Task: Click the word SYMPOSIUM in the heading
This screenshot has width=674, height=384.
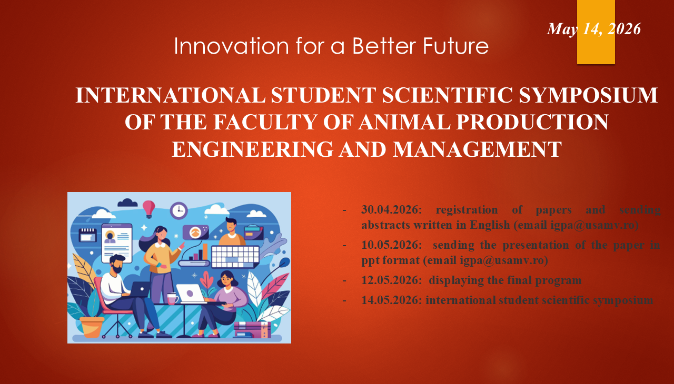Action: [x=588, y=95]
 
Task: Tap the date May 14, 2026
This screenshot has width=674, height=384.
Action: [x=594, y=29]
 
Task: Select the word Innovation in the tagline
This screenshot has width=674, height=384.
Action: [x=232, y=46]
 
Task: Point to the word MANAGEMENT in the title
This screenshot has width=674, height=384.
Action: [x=477, y=149]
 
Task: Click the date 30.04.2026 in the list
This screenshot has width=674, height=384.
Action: [x=392, y=210]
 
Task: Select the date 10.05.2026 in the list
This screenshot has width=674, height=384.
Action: [x=392, y=245]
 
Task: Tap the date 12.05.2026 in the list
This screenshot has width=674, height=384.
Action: [x=392, y=280]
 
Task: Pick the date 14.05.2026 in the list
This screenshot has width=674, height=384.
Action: [x=392, y=300]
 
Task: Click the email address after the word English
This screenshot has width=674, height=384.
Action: [x=592, y=225]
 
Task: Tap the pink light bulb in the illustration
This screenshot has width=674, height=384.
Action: [x=148, y=209]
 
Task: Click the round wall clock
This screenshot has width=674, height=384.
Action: [x=179, y=210]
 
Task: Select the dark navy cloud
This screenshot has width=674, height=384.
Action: [x=127, y=203]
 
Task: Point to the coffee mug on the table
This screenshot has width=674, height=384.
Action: [x=172, y=298]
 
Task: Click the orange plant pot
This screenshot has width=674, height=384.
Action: [x=91, y=327]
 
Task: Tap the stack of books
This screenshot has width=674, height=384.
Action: [x=252, y=330]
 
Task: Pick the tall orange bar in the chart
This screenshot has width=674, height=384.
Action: [x=205, y=252]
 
